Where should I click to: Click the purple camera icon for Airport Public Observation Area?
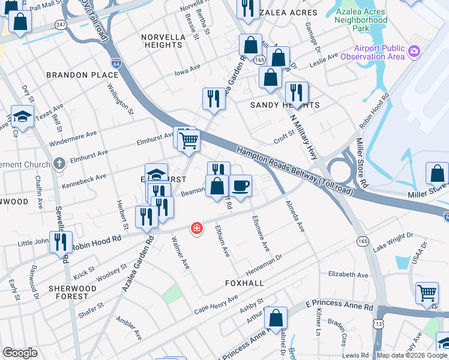point(414,52)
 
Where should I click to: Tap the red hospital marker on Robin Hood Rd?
point(196,228)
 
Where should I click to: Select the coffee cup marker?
point(240,185)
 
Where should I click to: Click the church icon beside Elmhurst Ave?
point(58,163)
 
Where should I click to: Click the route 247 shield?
point(59,25)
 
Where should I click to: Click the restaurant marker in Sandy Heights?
point(297,92)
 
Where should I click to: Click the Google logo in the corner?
point(20,353)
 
